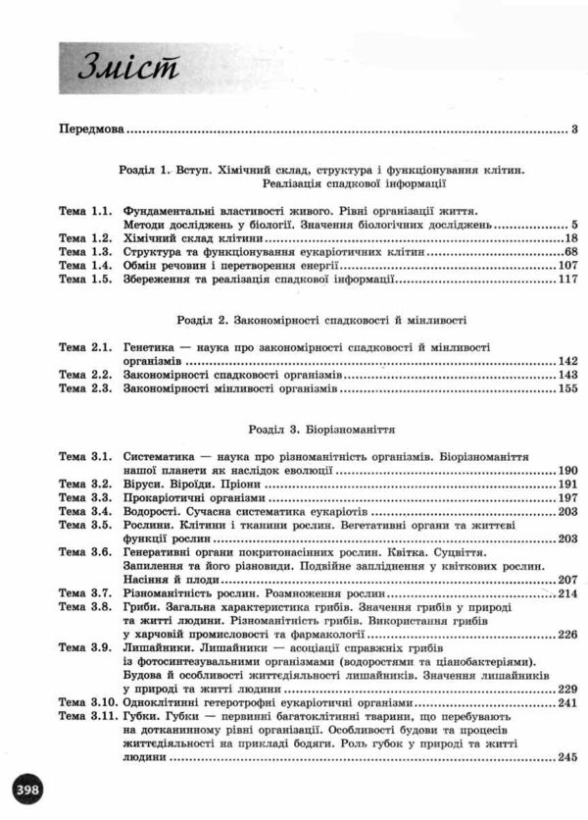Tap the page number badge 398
(x=30, y=790)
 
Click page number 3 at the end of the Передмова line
(x=575, y=129)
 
